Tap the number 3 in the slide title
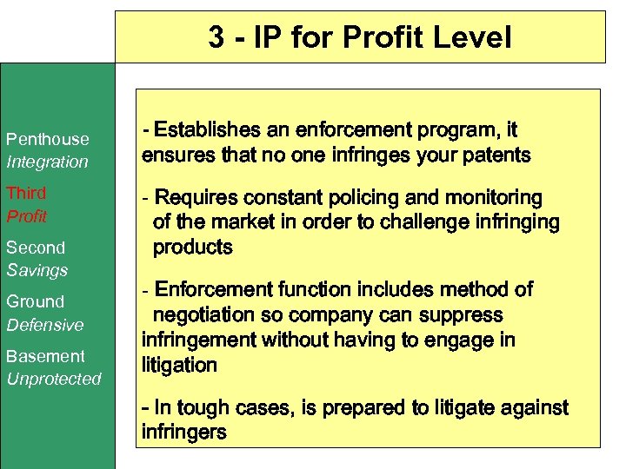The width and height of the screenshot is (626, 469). click(216, 37)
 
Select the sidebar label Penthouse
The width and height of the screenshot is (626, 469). click(47, 139)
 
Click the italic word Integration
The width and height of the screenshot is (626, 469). click(47, 162)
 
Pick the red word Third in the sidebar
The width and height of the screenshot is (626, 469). click(26, 193)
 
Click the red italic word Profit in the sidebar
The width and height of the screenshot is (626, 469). click(27, 215)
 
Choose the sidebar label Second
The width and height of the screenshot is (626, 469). click(36, 248)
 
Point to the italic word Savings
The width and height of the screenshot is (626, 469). click(37, 270)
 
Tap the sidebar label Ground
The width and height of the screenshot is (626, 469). click(35, 301)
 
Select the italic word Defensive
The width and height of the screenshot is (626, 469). click(45, 325)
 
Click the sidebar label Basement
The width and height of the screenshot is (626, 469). click(45, 356)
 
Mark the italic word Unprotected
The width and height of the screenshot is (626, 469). click(54, 379)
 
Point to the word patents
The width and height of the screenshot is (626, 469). click(497, 156)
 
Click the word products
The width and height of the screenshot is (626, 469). click(193, 248)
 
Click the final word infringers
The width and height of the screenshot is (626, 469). click(183, 432)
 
